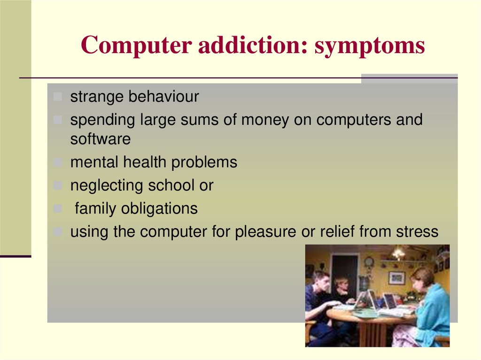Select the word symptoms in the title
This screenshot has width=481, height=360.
click(370, 46)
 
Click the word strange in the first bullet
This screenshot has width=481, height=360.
click(97, 97)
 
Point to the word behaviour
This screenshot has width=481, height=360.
click(164, 97)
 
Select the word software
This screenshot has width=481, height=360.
click(101, 139)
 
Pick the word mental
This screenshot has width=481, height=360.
click(94, 162)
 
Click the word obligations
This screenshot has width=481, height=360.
click(159, 208)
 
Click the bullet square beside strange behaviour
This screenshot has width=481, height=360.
click(57, 97)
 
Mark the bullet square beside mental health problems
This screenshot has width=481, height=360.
click(57, 163)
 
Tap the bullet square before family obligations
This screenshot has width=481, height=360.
click(57, 209)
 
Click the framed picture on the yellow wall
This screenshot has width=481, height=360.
click(396, 278)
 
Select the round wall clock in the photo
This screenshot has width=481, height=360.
click(369, 262)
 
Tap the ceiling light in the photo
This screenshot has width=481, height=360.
click(398, 253)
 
